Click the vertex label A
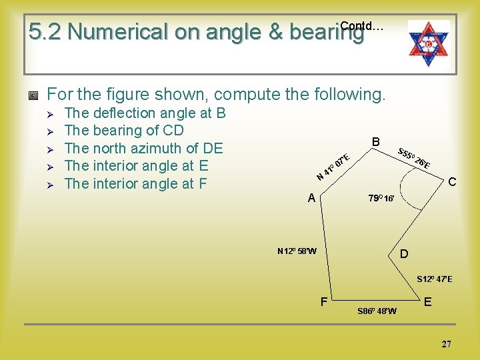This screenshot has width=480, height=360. click(311, 198)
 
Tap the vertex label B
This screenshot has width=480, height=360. click(376, 142)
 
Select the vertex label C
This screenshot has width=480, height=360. click(451, 181)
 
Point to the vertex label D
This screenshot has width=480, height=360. click(404, 254)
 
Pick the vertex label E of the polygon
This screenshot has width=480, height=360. click(428, 302)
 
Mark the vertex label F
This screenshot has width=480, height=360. click(323, 302)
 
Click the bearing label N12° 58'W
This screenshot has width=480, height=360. click(297, 251)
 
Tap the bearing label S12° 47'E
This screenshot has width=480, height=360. click(434, 279)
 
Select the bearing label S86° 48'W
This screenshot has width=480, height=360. click(377, 311)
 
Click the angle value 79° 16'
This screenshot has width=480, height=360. click(383, 199)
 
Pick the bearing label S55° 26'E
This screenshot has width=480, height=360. click(413, 157)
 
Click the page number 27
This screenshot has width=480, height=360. click(446, 344)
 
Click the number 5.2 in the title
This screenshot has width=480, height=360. click(45, 31)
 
